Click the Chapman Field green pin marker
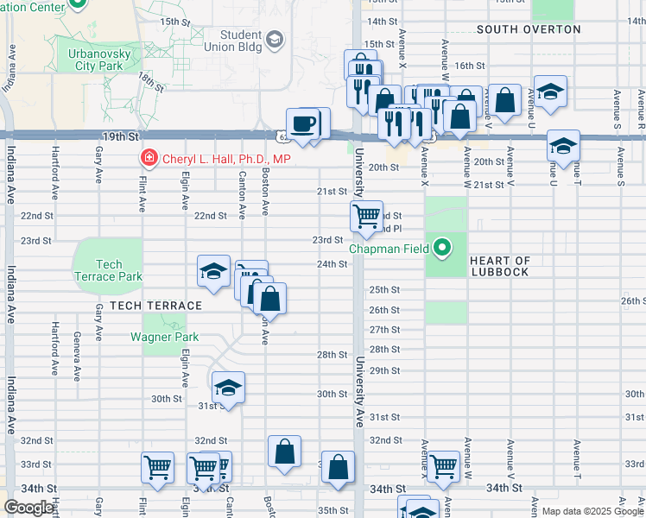coord(442,249)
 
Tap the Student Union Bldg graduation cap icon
coord(275,39)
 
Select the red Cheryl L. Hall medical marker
coord(148,159)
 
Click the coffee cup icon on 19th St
coord(303,125)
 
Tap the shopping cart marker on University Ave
coord(367,215)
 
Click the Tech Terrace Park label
coord(109,270)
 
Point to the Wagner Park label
coord(165,337)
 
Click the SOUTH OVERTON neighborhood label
coord(529,29)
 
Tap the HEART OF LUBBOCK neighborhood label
coord(500,266)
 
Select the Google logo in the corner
coord(28,508)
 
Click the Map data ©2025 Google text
coord(592,511)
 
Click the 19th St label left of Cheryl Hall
coord(120,136)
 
